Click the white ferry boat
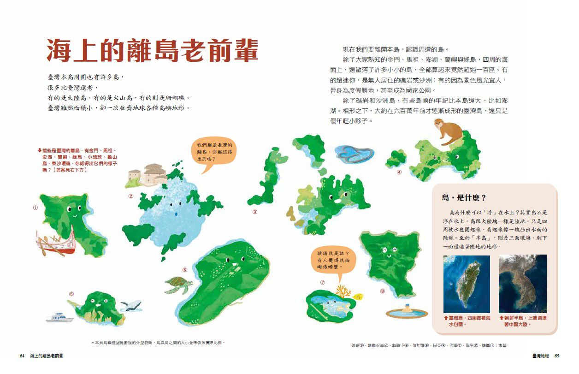[x=59, y=317]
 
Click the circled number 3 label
[x=255, y=212]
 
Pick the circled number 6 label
[x=185, y=270]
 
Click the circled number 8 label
[x=382, y=291]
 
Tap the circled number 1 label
[x=35, y=208]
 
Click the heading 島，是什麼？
[x=464, y=198]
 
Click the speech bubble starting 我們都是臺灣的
[x=214, y=152]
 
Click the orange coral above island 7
[x=343, y=291]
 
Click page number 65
[x=557, y=356]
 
